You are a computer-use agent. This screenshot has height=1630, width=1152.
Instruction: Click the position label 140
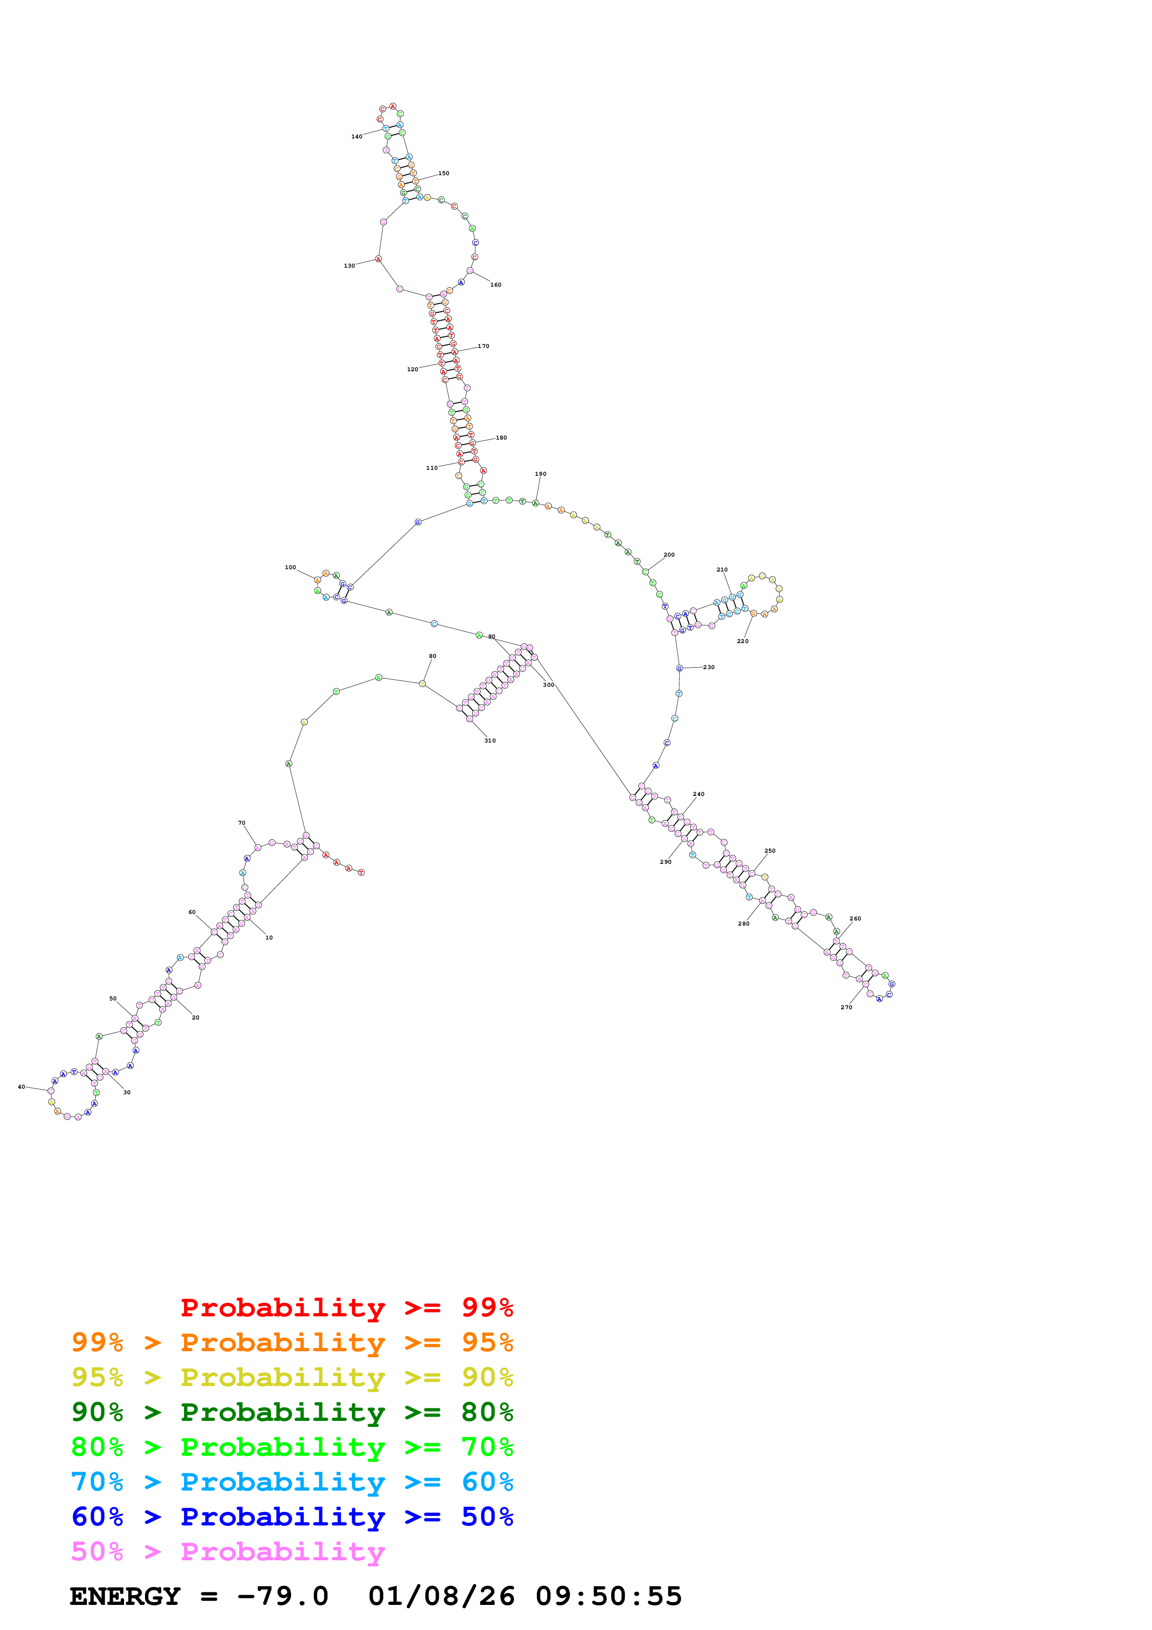click(x=356, y=136)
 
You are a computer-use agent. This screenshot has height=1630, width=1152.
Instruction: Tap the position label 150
click(x=444, y=173)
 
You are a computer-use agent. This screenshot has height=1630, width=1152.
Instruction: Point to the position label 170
click(x=483, y=347)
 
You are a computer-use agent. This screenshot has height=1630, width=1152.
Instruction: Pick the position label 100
click(x=290, y=567)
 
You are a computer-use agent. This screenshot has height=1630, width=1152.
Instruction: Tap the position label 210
click(x=722, y=569)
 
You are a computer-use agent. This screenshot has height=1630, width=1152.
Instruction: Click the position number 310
click(x=490, y=741)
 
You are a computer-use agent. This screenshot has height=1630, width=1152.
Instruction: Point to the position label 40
click(x=21, y=1087)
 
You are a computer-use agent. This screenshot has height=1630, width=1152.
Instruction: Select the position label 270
click(x=846, y=1007)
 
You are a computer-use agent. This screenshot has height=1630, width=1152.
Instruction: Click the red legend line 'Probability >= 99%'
click(x=346, y=1308)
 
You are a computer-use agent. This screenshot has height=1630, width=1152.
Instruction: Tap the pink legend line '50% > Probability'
click(x=228, y=1552)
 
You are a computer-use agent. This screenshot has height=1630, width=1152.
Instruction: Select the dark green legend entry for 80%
click(x=292, y=1412)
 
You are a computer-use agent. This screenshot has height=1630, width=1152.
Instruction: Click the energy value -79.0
click(x=283, y=1597)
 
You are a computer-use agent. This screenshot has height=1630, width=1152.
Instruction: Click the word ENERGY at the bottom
click(x=125, y=1597)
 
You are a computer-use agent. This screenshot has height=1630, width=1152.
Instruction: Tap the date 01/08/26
click(x=441, y=1597)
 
